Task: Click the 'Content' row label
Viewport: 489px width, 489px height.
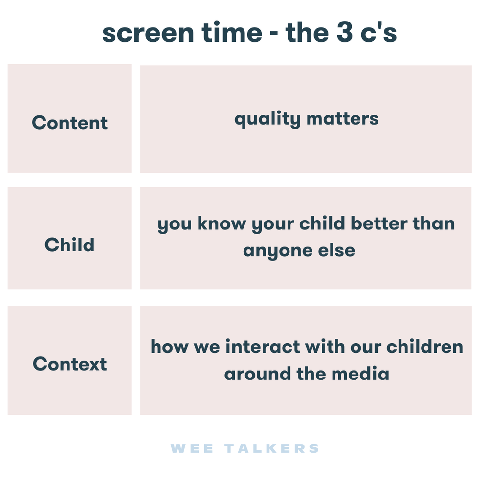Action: click(69, 122)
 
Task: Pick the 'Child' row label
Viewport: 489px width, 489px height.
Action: click(69, 244)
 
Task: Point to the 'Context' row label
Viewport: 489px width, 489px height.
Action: click(69, 364)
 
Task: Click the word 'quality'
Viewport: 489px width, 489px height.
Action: click(267, 119)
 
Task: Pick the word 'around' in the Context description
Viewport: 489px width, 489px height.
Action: click(257, 374)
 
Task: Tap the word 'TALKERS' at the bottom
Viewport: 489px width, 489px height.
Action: click(272, 448)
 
